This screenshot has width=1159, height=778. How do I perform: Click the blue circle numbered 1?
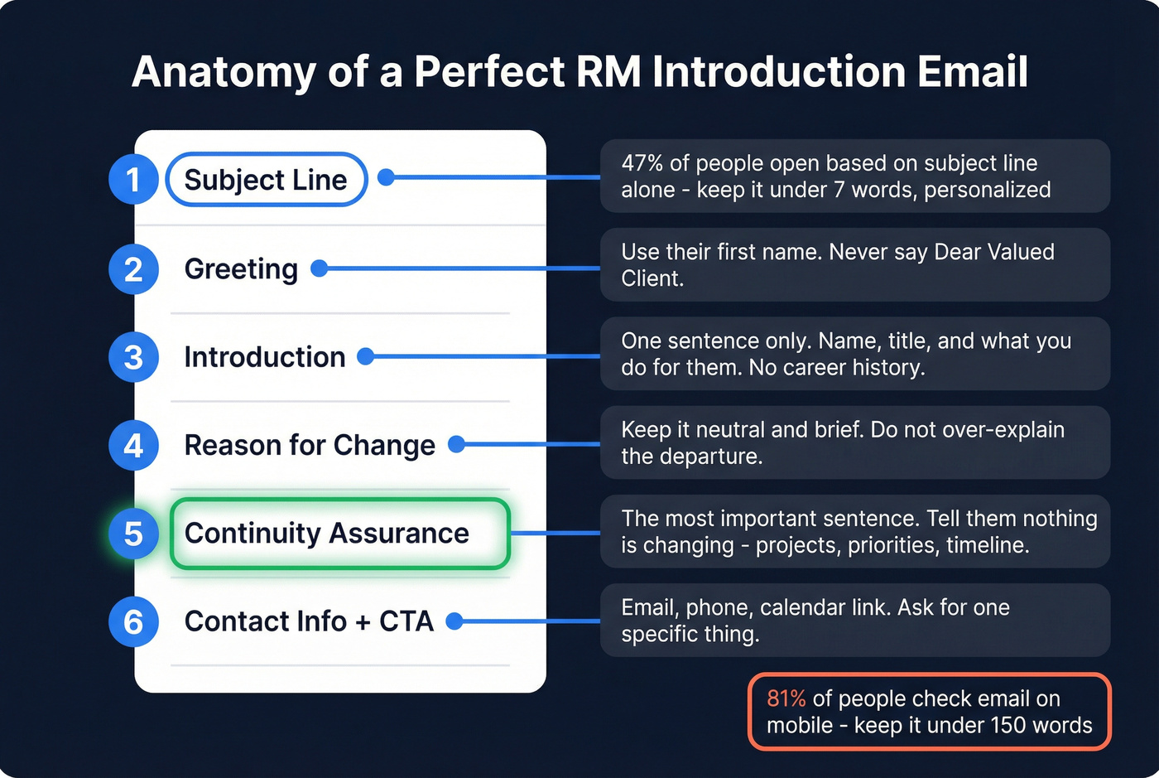(133, 179)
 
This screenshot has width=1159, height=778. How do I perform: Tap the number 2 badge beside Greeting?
(133, 269)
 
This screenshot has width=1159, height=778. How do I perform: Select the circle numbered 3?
(133, 357)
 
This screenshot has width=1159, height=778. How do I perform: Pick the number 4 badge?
(133, 446)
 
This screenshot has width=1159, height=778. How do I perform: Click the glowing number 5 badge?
(133, 534)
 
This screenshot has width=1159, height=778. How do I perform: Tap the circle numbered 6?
(133, 622)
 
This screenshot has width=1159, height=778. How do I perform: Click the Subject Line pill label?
(266, 179)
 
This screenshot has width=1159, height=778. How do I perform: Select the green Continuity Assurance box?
(339, 534)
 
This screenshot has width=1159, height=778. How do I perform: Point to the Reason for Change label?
(310, 446)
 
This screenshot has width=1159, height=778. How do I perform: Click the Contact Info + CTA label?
(309, 621)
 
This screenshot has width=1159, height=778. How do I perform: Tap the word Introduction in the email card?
(265, 357)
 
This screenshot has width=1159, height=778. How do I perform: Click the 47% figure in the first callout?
(642, 163)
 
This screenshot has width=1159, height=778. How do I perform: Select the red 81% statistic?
(786, 698)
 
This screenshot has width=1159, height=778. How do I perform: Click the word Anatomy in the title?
(224, 72)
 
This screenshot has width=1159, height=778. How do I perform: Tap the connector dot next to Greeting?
(319, 268)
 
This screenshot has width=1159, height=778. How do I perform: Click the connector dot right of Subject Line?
(386, 176)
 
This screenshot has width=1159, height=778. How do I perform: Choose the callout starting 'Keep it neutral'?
(854, 442)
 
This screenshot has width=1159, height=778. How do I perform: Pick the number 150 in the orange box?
(1008, 725)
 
